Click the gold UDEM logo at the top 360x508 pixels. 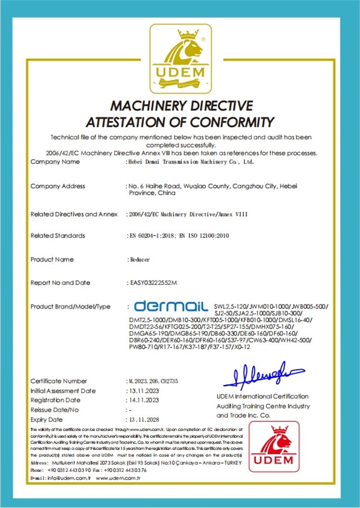180,58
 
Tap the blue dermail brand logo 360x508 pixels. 171,306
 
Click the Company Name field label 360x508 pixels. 55,162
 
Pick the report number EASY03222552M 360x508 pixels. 154,283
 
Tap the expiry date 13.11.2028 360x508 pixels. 143,420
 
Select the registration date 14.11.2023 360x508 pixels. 143,401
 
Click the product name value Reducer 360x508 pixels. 140,260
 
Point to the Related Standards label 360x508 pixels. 58,236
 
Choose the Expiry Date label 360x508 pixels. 47,420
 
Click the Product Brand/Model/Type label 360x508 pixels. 70,307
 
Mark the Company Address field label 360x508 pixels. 58,186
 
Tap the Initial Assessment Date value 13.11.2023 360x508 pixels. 143,391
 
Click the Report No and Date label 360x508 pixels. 60,283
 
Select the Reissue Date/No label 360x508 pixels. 54,410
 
